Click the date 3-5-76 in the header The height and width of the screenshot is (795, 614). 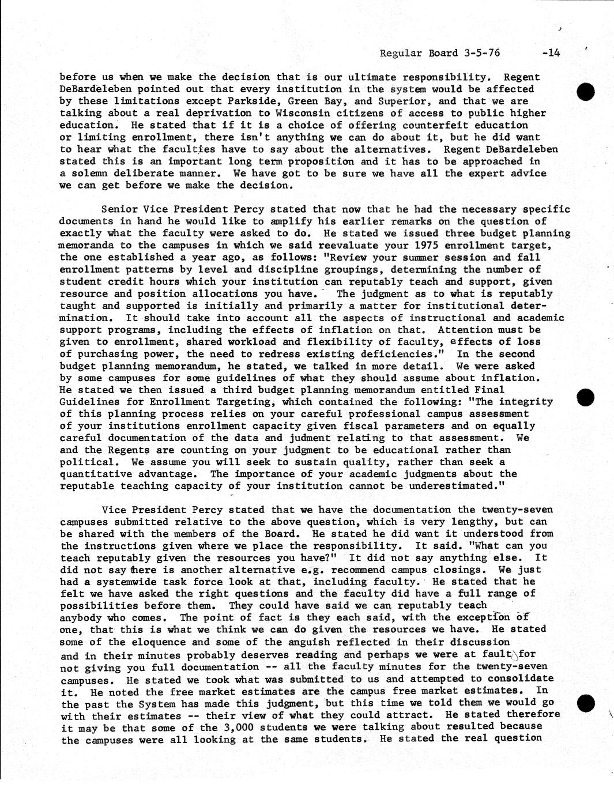pyautogui.click(x=481, y=53)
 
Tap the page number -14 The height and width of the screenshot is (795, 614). pyautogui.click(x=551, y=53)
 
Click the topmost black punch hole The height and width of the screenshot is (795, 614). pyautogui.click(x=585, y=92)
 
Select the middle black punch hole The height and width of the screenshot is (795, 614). pyautogui.click(x=585, y=397)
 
